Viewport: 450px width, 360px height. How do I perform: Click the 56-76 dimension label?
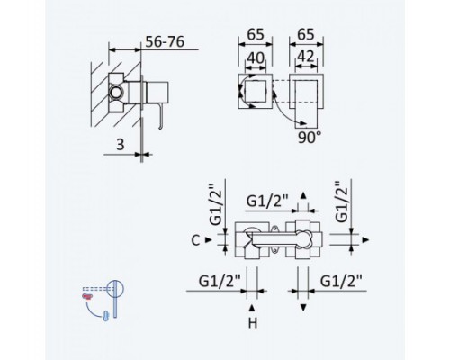pos(165,42)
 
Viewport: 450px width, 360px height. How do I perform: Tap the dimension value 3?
pos(120,145)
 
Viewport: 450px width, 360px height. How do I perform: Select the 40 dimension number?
pos(256,58)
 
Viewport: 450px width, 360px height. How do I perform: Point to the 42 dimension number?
pos(306,57)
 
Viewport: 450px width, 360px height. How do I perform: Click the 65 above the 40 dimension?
pos(256,34)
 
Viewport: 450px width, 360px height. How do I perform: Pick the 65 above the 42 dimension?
pos(306,34)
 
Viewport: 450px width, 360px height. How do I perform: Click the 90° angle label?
pos(310,138)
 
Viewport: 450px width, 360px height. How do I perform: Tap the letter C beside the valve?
pos(195,240)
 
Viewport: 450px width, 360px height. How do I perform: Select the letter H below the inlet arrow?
pos(253,323)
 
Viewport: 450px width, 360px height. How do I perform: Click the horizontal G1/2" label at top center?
pos(267,201)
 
